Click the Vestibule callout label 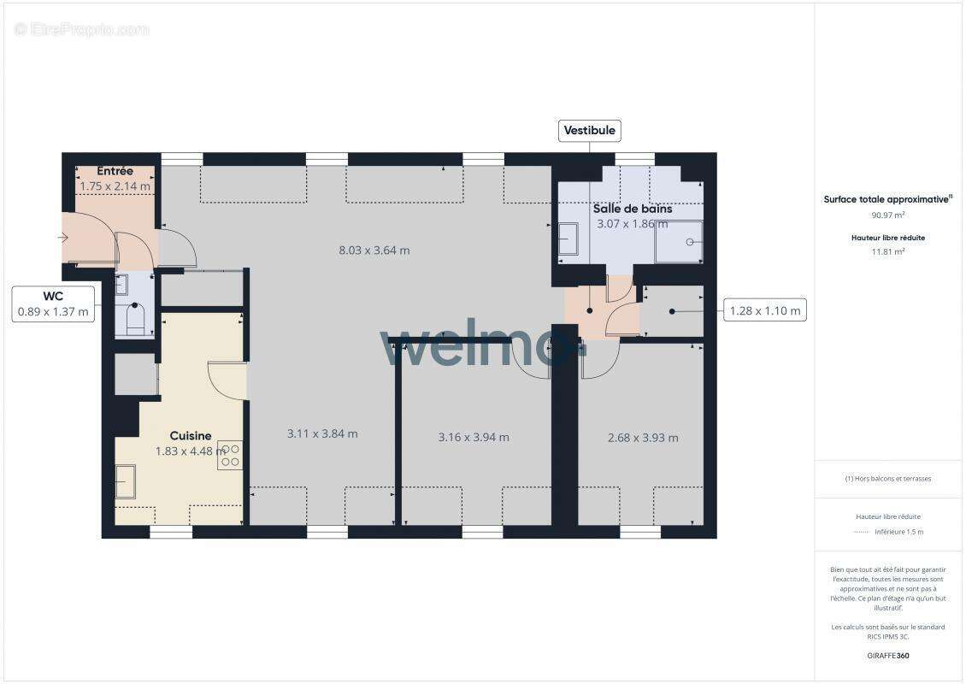click(590, 131)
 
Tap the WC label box click(53, 304)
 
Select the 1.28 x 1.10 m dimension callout click(765, 310)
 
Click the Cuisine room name click(190, 435)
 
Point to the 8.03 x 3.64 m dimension click(374, 251)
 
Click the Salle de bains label click(633, 208)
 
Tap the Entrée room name click(115, 171)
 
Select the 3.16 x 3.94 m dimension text click(474, 437)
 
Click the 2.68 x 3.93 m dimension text click(643, 438)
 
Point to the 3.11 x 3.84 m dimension click(322, 433)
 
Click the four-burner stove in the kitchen click(230, 454)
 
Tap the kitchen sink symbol click(126, 481)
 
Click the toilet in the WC click(135, 320)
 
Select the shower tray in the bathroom click(679, 242)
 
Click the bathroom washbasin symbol click(568, 239)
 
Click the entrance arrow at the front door click(65, 238)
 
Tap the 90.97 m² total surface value click(887, 215)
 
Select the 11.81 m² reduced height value click(887, 251)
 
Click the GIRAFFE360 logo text click(887, 656)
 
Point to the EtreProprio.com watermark click(81, 29)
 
